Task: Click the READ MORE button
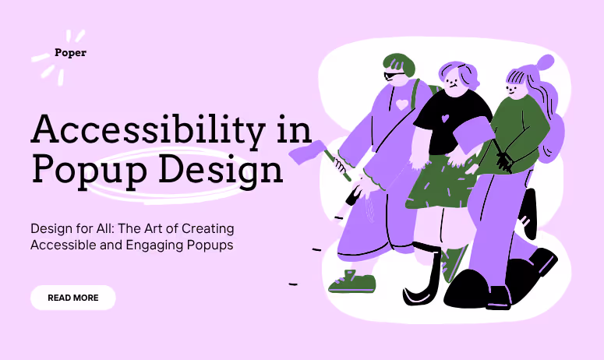(73, 298)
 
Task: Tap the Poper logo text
(70, 53)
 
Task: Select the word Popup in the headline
(78, 169)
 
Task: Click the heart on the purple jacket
(401, 104)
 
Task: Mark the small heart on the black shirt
(445, 119)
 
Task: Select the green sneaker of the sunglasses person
(351, 281)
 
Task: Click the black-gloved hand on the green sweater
(503, 161)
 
